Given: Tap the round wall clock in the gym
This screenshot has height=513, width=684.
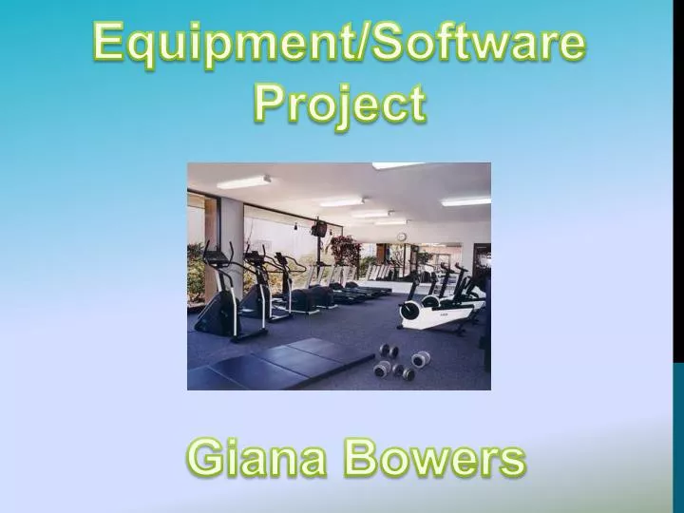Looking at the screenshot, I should tap(402, 236).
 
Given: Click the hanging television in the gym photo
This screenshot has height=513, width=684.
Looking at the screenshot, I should tap(320, 227).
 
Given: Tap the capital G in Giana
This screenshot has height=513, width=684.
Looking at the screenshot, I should tap(204, 460).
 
